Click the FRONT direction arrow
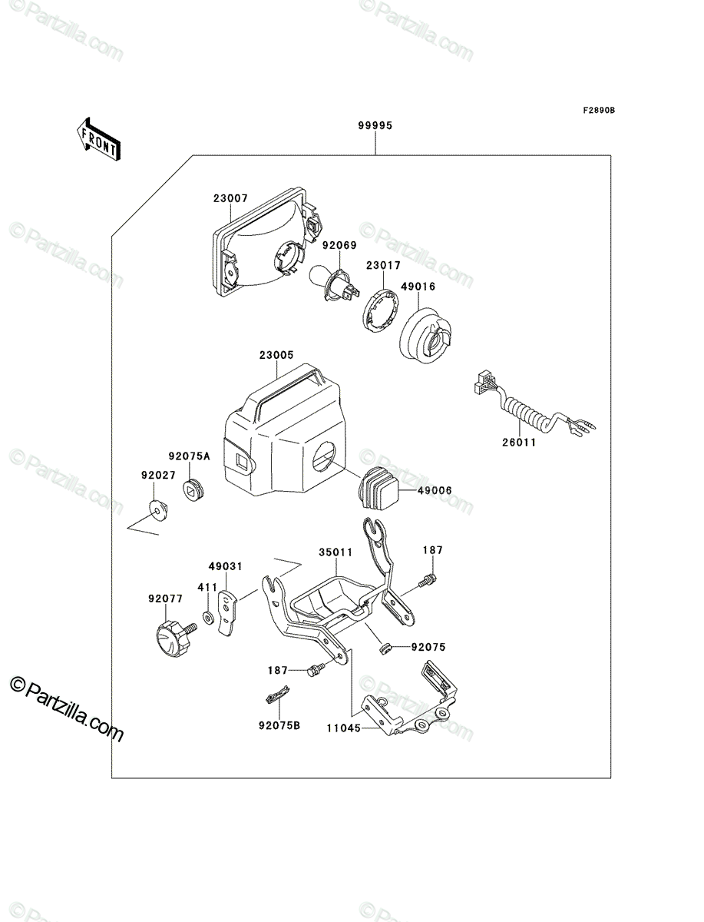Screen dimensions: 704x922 [x=98, y=139]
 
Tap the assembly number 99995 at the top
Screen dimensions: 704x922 [x=375, y=125]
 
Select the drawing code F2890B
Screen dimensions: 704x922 [x=599, y=111]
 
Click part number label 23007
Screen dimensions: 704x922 [x=230, y=197]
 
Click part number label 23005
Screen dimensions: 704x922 [x=276, y=355]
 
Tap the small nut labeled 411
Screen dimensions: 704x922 [x=207, y=618]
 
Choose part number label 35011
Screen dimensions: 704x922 [x=335, y=552]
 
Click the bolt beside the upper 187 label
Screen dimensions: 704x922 [x=428, y=581]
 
